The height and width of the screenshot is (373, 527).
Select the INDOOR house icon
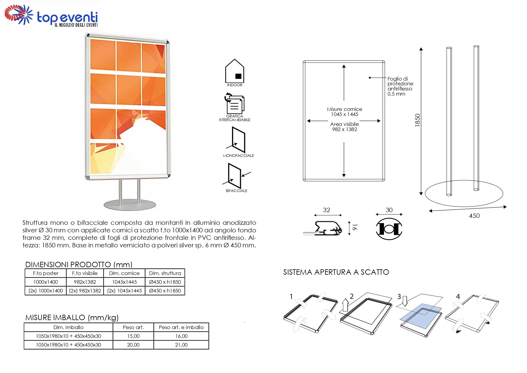(234, 71)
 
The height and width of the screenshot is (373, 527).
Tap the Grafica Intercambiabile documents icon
(235, 104)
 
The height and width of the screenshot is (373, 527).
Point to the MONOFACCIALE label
(238, 156)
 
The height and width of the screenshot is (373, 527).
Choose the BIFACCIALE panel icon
(235, 176)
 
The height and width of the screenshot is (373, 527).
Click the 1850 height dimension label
(417, 120)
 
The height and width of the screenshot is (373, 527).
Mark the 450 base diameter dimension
(474, 216)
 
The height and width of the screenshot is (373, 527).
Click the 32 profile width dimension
(327, 210)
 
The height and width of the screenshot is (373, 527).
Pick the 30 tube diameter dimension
(389, 210)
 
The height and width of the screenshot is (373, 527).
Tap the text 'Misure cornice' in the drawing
(344, 109)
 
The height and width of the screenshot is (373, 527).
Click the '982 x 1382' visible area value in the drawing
(344, 130)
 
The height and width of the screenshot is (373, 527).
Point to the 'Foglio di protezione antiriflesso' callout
(400, 86)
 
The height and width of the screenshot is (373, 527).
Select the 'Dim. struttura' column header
(165, 273)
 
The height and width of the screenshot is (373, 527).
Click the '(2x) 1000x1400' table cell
(46, 291)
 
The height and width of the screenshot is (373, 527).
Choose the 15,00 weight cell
(133, 336)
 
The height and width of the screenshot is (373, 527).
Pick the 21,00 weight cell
(181, 345)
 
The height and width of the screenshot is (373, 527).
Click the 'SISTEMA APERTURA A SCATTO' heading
(336, 272)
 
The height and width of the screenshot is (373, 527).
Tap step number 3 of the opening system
(399, 297)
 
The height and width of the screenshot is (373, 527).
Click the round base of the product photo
(130, 205)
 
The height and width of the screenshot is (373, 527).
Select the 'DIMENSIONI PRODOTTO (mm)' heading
(79, 264)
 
